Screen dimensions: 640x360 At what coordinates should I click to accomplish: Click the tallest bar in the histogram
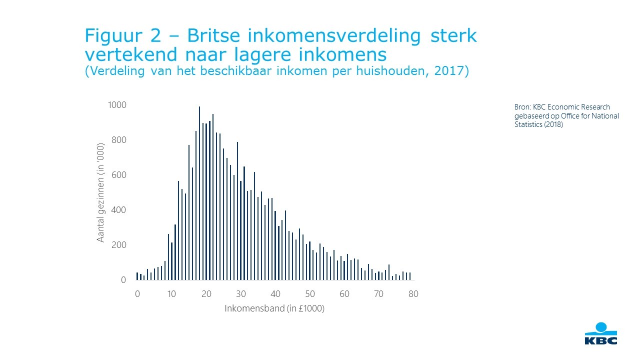199,193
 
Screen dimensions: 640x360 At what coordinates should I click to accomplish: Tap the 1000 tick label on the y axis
117,105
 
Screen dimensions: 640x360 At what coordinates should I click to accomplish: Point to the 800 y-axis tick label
119,140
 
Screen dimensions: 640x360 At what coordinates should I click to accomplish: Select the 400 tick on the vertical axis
119,210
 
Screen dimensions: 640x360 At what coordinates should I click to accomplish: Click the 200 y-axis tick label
119,245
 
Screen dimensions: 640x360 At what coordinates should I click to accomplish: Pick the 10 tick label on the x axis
171,294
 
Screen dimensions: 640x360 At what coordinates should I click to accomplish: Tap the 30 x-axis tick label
241,294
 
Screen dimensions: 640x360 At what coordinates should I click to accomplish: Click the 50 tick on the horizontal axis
310,294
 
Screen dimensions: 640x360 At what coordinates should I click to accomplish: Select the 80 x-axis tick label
413,294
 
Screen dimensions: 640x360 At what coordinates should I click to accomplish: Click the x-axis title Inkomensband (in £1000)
274,308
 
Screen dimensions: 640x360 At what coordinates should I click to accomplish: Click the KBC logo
601,333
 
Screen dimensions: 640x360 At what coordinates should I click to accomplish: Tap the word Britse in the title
213,35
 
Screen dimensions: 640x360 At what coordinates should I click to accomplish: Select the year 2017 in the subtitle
449,70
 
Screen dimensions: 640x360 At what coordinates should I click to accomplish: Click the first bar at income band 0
137,276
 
